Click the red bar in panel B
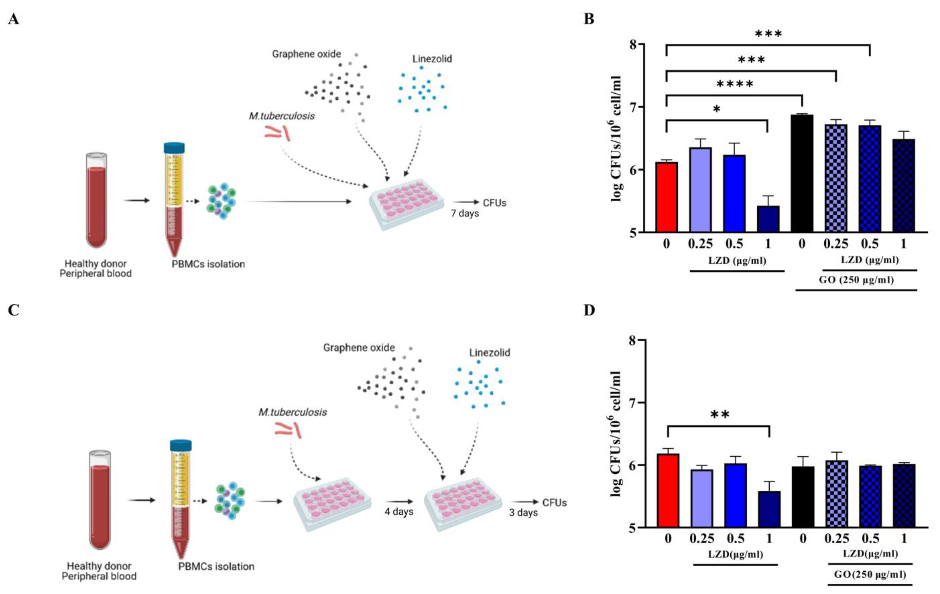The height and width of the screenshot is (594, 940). pos(666,197)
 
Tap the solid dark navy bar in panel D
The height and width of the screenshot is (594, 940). pos(769,509)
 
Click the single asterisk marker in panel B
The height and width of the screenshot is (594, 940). pos(717,110)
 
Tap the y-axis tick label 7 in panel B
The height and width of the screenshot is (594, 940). pos(636,107)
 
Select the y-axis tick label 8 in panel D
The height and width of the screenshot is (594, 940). pos(636,340)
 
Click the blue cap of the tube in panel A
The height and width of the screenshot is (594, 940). pos(174,148)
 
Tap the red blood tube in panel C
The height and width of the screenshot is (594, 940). pos(100,499)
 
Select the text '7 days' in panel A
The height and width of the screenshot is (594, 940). pos(465,214)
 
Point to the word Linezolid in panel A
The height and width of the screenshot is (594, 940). pos(432,59)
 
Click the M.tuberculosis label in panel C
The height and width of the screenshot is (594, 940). pos(293,412)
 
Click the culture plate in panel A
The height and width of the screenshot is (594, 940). pos(406,203)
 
